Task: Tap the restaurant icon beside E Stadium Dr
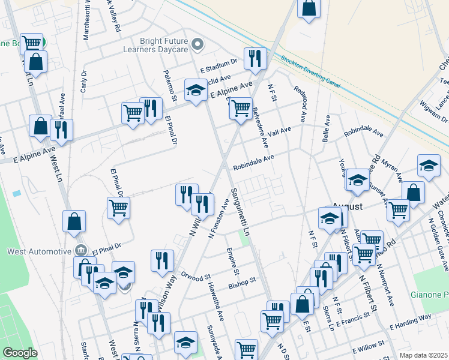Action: coord(256,58)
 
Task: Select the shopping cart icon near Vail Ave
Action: coord(240,109)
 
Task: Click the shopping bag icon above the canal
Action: coord(308,8)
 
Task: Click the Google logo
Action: coord(20,353)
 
